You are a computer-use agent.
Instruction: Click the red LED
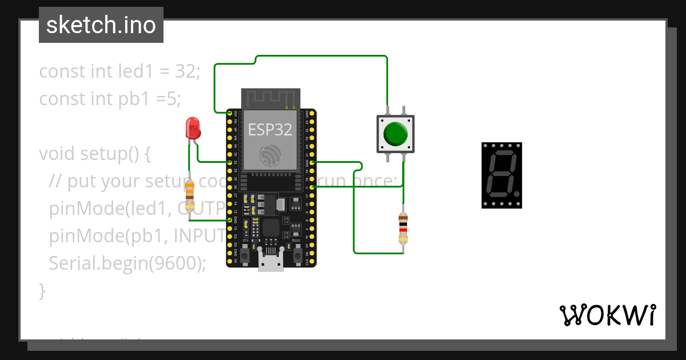click(x=193, y=129)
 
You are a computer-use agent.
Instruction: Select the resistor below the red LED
click(x=190, y=195)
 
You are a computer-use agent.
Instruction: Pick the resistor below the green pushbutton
click(x=403, y=227)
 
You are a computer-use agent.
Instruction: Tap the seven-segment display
click(x=501, y=175)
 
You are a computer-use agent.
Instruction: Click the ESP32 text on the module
click(x=270, y=130)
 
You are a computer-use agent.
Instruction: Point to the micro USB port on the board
click(x=270, y=262)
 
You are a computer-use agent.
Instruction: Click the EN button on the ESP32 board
click(x=245, y=255)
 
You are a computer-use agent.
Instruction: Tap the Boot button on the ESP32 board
click(x=297, y=255)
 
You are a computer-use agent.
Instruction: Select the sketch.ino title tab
click(x=101, y=25)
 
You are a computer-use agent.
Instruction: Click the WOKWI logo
click(x=607, y=315)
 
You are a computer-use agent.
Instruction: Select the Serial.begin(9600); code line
click(x=127, y=263)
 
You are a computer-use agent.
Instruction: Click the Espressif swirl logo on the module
click(x=270, y=155)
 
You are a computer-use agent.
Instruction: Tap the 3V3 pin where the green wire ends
click(x=231, y=113)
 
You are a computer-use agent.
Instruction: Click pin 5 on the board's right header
click(x=310, y=187)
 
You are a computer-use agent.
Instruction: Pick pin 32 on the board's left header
click(x=231, y=162)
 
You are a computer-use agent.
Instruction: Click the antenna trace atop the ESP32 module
click(x=270, y=98)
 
